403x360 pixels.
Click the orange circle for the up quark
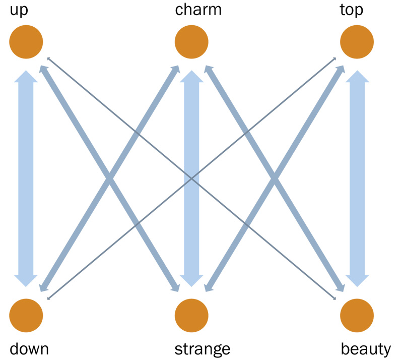pos(26,42)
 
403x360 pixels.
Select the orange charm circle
pos(191,42)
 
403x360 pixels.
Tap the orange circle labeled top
pos(357,42)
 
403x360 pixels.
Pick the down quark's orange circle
pos(26,316)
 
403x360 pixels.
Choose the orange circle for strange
pos(191,316)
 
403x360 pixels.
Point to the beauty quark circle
pos(357,316)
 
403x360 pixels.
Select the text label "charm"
pos(198,10)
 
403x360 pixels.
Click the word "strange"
pos(202,348)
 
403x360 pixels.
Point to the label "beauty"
pos(366,348)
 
